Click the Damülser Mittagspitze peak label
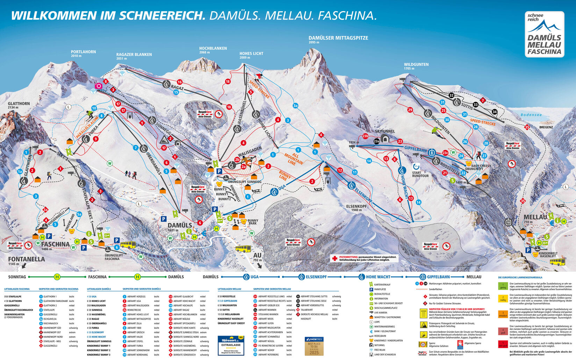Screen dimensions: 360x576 pyautogui.click(x=338, y=38)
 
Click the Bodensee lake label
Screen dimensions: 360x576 pyautogui.click(x=531, y=115)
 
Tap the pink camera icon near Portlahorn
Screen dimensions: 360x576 pyautogui.click(x=99, y=86)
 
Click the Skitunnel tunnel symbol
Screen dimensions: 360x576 pyautogui.click(x=385, y=138)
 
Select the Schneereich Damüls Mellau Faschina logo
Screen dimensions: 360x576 pyautogui.click(x=544, y=34)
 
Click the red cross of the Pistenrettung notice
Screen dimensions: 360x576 pyautogui.click(x=334, y=258)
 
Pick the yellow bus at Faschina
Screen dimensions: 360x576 pyautogui.click(x=127, y=245)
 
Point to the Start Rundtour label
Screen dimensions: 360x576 pyautogui.click(x=420, y=174)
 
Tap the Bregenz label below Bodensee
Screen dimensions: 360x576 pyautogui.click(x=546, y=127)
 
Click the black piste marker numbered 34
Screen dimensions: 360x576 pyautogui.click(x=494, y=112)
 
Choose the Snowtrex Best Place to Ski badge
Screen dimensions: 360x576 pyautogui.click(x=314, y=346)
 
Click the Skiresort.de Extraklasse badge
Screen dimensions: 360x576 pyautogui.click(x=231, y=345)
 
